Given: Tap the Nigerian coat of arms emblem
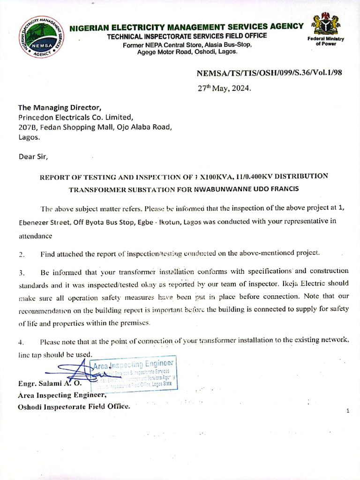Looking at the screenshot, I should click(327, 23).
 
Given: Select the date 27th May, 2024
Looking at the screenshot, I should click(224, 88).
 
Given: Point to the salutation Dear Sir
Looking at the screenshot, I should click(33, 156).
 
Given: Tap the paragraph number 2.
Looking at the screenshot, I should click(21, 254).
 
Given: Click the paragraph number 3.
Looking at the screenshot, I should click(21, 272).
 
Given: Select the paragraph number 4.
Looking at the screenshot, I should click(21, 342).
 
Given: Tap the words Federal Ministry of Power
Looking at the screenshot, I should click(326, 41).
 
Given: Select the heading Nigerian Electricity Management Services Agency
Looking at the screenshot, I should click(186, 27).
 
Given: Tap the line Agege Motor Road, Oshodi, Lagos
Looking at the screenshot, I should click(187, 52).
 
